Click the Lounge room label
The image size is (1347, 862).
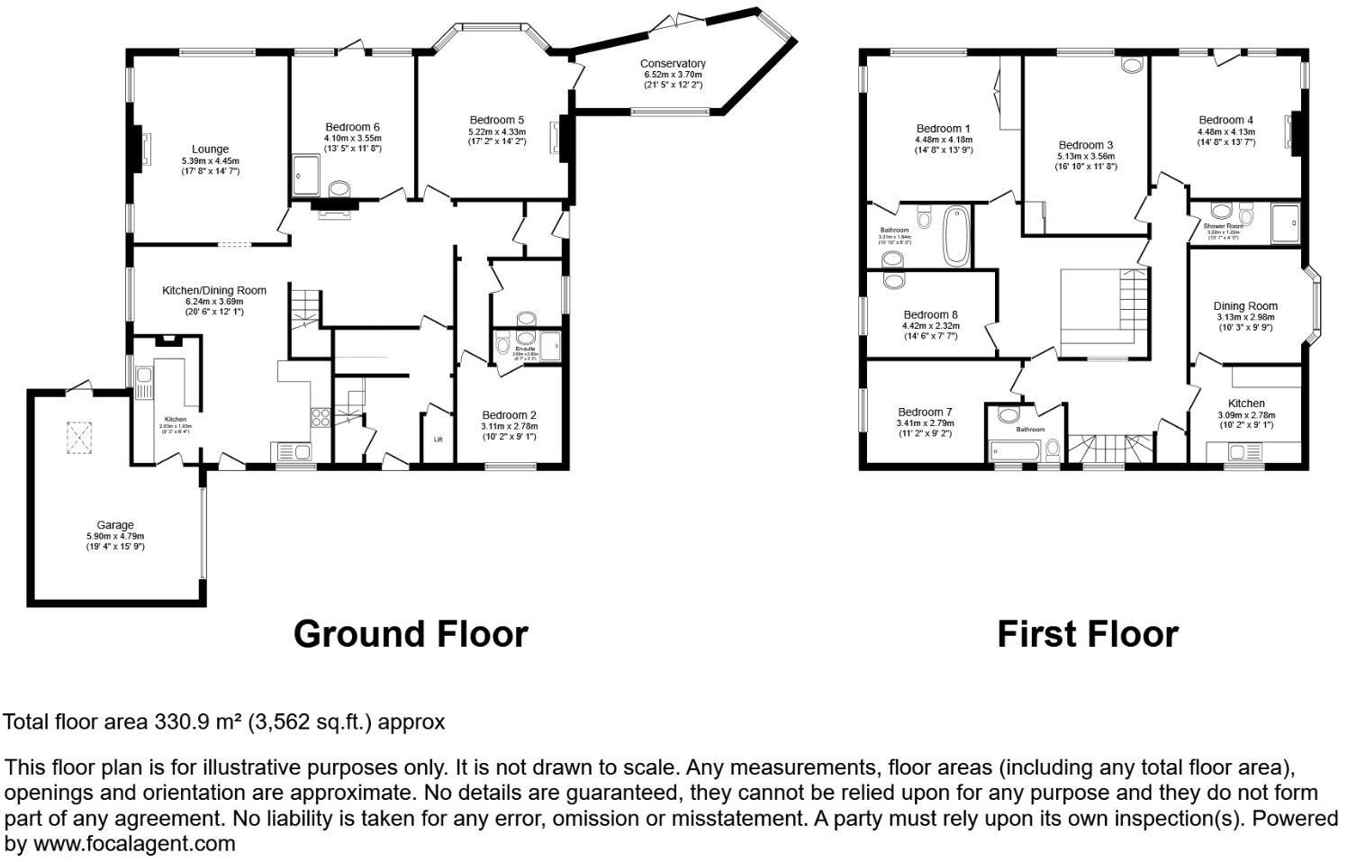pyautogui.click(x=210, y=150)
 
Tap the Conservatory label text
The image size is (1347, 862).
pyautogui.click(x=673, y=64)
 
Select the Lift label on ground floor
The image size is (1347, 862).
pyautogui.click(x=438, y=440)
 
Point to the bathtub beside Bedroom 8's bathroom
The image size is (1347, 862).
pyautogui.click(x=955, y=236)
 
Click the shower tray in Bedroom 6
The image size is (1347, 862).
pyautogui.click(x=306, y=174)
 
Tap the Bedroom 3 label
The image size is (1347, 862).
pyautogui.click(x=1086, y=145)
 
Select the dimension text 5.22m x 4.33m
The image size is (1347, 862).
pyautogui.click(x=496, y=132)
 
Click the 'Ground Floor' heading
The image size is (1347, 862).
pyautogui.click(x=411, y=634)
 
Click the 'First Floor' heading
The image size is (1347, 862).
pyautogui.click(x=1087, y=634)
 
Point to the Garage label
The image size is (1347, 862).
pyautogui.click(x=115, y=525)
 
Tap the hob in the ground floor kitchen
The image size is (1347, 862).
pyautogui.click(x=321, y=416)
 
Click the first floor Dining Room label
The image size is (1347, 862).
pyautogui.click(x=1245, y=306)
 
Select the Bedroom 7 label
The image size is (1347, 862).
pyautogui.click(x=925, y=412)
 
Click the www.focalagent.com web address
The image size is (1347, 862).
pyautogui.click(x=135, y=844)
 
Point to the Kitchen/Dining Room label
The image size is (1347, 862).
pyautogui.click(x=213, y=291)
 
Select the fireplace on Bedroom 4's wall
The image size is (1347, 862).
pyautogui.click(x=1296, y=133)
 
